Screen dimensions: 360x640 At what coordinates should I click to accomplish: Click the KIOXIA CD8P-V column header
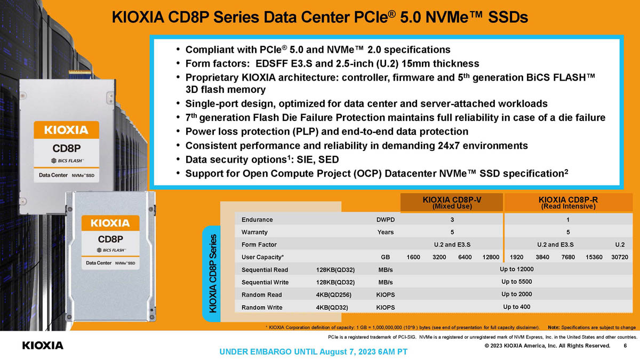pyautogui.click(x=452, y=203)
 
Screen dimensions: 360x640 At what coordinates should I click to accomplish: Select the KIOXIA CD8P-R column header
pyautogui.click(x=568, y=203)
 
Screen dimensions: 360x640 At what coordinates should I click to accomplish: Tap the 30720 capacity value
pyautogui.click(x=619, y=257)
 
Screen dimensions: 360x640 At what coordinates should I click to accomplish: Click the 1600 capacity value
pyautogui.click(x=414, y=257)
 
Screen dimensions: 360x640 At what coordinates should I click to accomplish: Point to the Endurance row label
pyautogui.click(x=257, y=220)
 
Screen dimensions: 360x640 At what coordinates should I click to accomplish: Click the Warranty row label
pyautogui.click(x=254, y=232)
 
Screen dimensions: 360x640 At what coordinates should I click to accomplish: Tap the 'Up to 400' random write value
pyautogui.click(x=516, y=307)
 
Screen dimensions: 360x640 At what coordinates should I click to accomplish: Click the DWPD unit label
pyautogui.click(x=386, y=220)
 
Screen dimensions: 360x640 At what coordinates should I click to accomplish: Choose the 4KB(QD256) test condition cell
pyautogui.click(x=335, y=295)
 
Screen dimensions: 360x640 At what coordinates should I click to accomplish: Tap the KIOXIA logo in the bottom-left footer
pyautogui.click(x=43, y=346)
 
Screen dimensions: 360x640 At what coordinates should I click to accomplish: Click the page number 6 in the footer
pyautogui.click(x=625, y=346)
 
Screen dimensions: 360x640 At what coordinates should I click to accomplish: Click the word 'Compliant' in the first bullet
pyautogui.click(x=211, y=50)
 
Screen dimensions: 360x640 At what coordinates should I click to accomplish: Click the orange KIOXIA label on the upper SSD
pyautogui.click(x=67, y=130)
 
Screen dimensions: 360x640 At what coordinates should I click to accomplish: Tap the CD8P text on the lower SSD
pyautogui.click(x=110, y=238)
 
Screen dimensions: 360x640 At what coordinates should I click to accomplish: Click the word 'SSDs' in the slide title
pyautogui.click(x=505, y=18)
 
